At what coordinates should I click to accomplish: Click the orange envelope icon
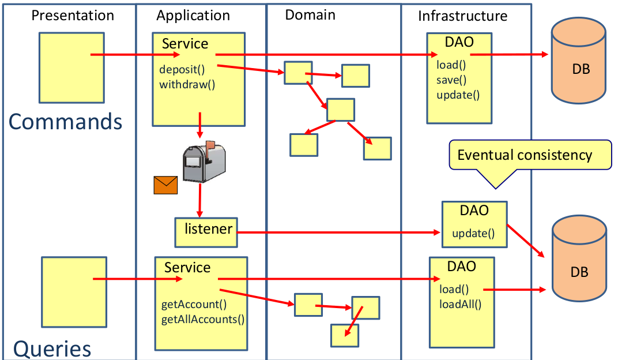click(x=165, y=185)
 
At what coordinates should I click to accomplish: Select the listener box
click(x=207, y=231)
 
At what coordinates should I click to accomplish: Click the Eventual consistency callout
click(x=529, y=155)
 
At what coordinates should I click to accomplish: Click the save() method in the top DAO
click(x=451, y=80)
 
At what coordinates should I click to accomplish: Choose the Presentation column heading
click(x=73, y=15)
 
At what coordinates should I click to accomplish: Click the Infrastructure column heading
click(x=463, y=16)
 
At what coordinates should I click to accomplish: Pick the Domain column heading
click(x=310, y=14)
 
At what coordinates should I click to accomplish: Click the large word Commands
click(x=66, y=122)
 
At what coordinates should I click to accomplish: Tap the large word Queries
click(x=52, y=348)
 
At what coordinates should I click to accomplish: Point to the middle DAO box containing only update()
click(x=474, y=224)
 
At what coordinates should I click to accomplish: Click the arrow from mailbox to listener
click(x=199, y=200)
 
